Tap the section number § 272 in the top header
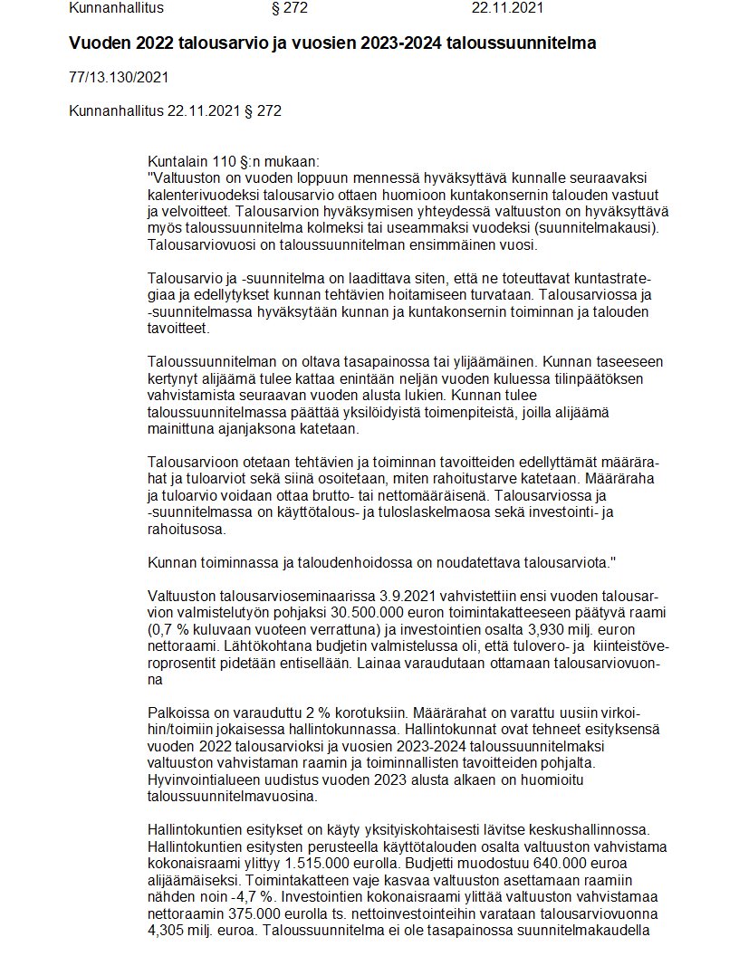[x=290, y=9]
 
